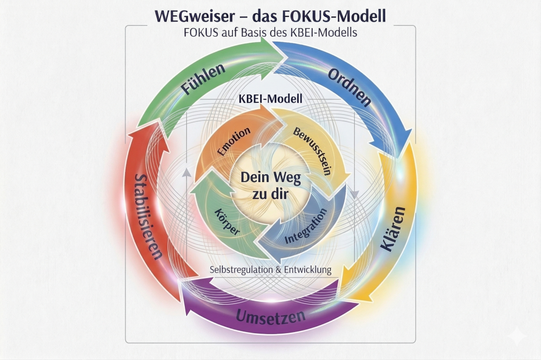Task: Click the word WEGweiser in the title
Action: click(x=188, y=15)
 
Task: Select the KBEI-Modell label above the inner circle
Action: click(x=270, y=99)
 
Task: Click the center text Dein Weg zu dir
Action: click(x=270, y=185)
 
